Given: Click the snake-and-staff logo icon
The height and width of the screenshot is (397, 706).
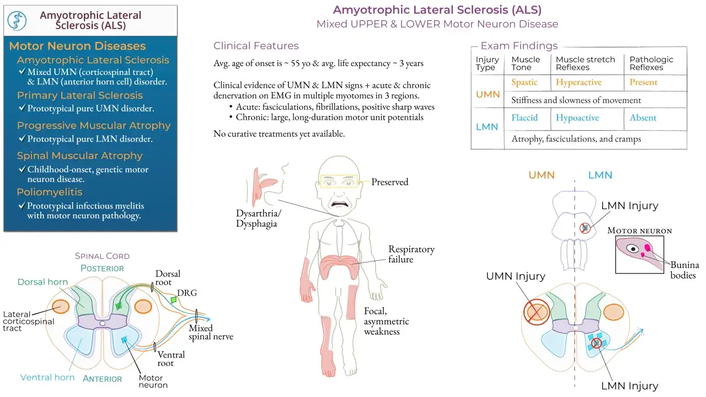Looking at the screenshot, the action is [17, 21].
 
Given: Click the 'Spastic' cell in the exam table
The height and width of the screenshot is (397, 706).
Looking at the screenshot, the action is [524, 82].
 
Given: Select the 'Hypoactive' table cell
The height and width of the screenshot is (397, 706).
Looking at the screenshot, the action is [577, 118].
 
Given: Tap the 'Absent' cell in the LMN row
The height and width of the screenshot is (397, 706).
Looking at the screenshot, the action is [643, 117].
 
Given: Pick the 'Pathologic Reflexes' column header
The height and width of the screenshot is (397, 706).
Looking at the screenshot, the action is [651, 63].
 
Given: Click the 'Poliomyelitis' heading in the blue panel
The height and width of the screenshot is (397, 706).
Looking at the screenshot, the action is [50, 192].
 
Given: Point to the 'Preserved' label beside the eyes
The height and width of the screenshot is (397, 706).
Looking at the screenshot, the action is [389, 182].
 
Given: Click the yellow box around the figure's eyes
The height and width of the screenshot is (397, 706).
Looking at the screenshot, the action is [339, 181].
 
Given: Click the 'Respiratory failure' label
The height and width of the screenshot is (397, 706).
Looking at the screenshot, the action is [411, 254].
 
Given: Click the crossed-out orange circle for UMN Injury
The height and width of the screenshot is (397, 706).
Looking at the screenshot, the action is [537, 312].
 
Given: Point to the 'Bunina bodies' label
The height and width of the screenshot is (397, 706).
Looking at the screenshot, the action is [684, 270].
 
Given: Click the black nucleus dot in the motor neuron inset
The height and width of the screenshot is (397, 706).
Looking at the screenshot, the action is [633, 249].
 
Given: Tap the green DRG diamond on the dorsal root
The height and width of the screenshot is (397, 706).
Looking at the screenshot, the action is [173, 299].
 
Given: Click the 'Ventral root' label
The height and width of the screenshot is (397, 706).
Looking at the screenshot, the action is [171, 359].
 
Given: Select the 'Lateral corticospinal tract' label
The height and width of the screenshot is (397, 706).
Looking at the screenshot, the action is [28, 321].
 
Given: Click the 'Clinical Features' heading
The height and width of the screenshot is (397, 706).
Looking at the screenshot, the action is [256, 46].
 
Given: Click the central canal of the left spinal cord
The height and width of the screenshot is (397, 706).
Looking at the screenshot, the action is [102, 323].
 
